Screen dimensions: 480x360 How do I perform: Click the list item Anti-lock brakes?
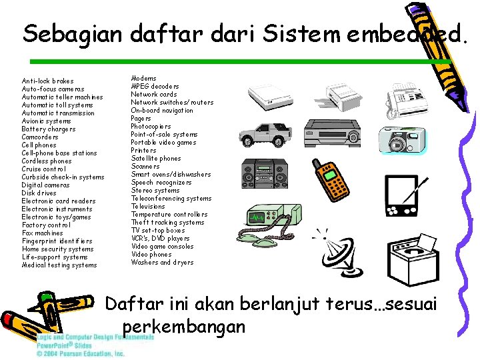click(x=47, y=81)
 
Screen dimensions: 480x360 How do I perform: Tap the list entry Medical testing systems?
click(x=59, y=265)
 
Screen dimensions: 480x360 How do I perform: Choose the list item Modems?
click(x=143, y=79)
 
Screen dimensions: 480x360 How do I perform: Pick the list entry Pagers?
click(x=141, y=119)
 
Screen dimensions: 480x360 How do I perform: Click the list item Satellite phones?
click(x=156, y=159)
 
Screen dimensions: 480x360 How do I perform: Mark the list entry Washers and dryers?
click(x=162, y=263)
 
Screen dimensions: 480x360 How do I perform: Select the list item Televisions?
click(x=148, y=207)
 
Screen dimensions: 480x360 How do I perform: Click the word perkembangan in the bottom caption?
click(x=185, y=327)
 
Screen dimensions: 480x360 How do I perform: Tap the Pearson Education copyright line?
click(x=80, y=354)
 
